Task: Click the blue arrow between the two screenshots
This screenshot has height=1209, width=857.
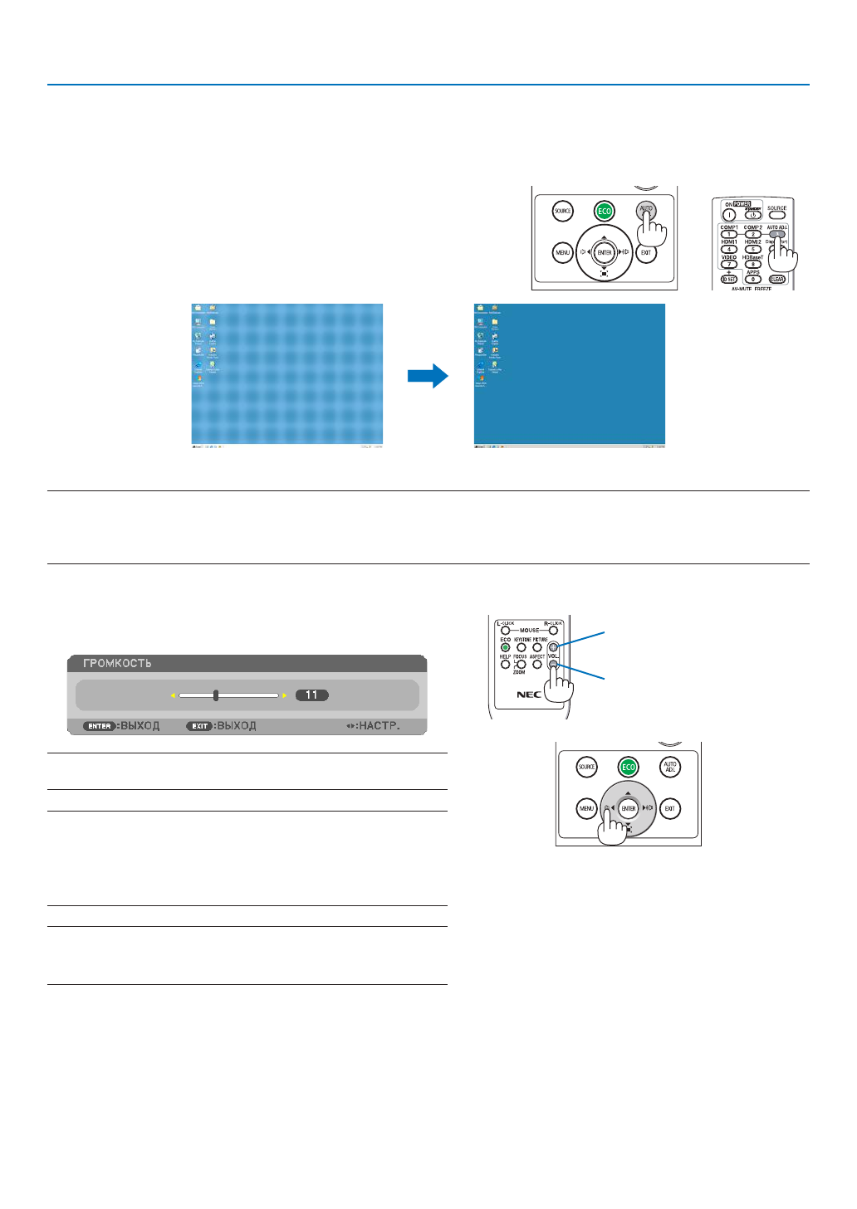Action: [x=428, y=377]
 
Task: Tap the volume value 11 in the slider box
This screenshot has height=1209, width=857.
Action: [x=311, y=695]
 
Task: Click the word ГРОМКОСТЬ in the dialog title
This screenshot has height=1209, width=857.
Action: [x=117, y=663]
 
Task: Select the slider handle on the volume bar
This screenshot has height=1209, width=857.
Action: [x=216, y=695]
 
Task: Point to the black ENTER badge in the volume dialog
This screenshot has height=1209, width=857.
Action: [x=100, y=726]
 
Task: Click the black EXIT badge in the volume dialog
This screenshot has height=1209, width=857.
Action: [x=200, y=726]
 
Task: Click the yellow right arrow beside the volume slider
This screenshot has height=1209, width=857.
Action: [x=284, y=695]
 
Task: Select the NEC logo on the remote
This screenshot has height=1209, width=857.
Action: [x=529, y=695]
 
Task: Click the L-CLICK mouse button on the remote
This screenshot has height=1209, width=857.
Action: [x=505, y=630]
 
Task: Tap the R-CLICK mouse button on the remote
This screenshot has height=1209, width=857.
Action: [x=553, y=630]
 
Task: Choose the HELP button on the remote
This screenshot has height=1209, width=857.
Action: [x=505, y=664]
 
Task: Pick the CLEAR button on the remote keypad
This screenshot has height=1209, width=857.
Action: [x=777, y=279]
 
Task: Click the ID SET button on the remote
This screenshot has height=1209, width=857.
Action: [x=729, y=279]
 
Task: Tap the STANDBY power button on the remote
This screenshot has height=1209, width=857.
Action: [x=753, y=215]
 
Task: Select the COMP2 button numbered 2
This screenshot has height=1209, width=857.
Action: [x=753, y=234]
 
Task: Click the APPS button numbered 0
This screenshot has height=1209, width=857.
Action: [x=753, y=279]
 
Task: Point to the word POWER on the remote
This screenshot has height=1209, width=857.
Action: [x=742, y=204]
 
